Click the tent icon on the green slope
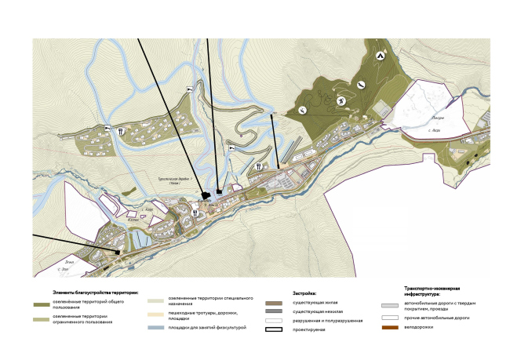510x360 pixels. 381,55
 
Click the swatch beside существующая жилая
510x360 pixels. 274,302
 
